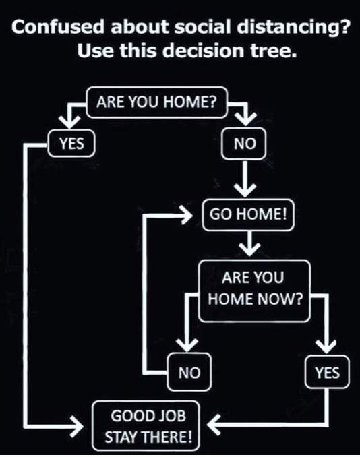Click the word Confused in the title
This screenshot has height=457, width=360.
(58, 27)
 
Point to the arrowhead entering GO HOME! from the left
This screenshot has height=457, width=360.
(187, 215)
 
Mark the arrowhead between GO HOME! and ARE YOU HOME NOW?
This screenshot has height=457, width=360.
(249, 250)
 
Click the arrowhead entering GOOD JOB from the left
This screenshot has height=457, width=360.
(77, 427)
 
